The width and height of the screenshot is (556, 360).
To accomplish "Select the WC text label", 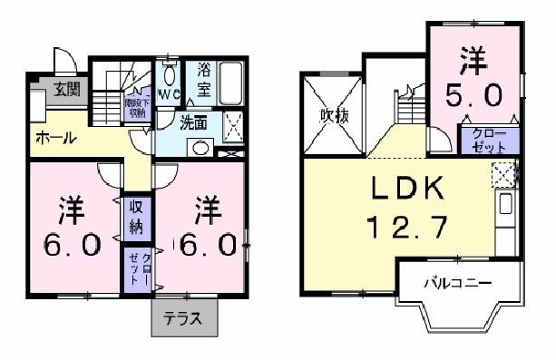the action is (169, 93).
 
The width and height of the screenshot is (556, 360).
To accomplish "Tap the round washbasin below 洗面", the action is (198, 149).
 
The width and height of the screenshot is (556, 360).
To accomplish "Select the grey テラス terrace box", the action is (183, 317).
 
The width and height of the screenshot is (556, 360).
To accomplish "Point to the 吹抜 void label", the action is (332, 116).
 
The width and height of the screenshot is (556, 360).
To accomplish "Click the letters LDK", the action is (407, 188).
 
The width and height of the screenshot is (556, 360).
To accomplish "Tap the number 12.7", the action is (407, 226).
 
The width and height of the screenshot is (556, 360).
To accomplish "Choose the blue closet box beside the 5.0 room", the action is (489, 141).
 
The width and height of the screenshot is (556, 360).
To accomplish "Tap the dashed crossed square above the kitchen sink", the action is (503, 173).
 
